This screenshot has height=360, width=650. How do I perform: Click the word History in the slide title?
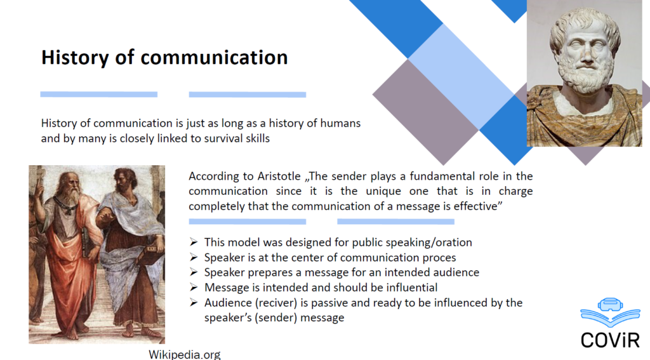tap(75, 58)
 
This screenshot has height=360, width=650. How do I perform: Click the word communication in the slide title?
tap(214, 57)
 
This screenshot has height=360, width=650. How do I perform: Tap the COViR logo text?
tap(610, 340)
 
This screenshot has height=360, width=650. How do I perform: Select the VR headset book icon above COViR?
tap(610, 312)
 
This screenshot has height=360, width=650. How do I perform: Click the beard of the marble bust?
tap(585, 77)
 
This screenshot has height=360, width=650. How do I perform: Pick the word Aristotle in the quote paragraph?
tap(279, 177)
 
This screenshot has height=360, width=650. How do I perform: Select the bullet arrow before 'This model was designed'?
tap(194, 242)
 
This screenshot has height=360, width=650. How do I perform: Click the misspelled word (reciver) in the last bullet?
tap(277, 303)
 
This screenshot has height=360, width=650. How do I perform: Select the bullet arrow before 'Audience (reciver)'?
tap(194, 302)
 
